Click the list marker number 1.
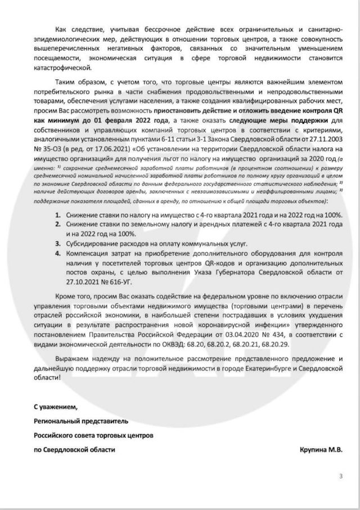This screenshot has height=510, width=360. coord(58,215)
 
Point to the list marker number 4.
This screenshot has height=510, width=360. coord(58,254)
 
